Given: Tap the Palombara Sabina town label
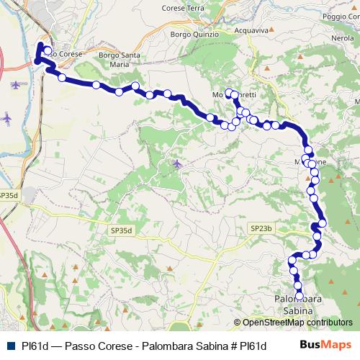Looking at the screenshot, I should pos(296,303).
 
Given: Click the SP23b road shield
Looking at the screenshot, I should pos(261,228).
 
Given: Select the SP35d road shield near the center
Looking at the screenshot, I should pos(122,230).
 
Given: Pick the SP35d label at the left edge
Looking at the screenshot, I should pos(9,194).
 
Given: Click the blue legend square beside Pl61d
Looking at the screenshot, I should pos(9,345).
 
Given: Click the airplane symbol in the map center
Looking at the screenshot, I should pos(177,165).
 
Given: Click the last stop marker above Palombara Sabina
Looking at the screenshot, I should pos(299,294).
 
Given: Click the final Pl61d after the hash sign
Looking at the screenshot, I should pos(253,345).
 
